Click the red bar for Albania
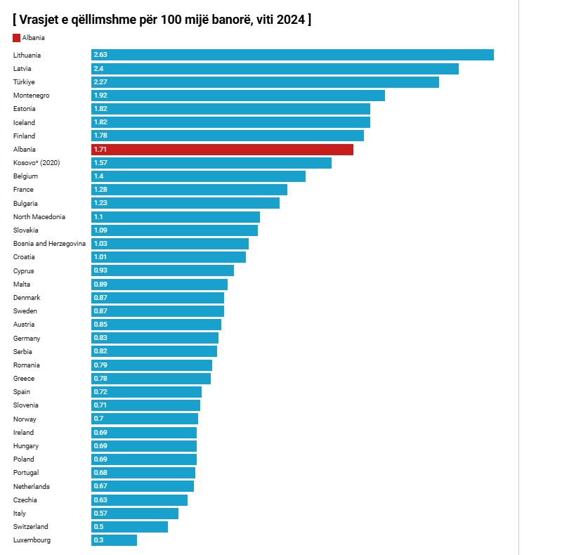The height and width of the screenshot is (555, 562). [222, 150]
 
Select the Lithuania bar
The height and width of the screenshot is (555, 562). [292, 55]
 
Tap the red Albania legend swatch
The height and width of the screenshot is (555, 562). [17, 38]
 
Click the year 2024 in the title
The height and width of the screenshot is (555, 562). [291, 20]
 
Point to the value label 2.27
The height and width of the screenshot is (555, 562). [100, 82]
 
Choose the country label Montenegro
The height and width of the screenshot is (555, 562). [31, 96]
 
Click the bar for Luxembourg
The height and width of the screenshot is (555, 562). [114, 540]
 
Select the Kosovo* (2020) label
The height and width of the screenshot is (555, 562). [37, 163]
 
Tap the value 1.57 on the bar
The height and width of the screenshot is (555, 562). [100, 163]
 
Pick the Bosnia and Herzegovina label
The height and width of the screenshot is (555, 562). [49, 244]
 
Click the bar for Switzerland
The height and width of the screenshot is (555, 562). [129, 527]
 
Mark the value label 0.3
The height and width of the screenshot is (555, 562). [98, 540]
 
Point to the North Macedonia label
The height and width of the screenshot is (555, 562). [39, 217]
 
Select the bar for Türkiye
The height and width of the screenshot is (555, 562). [265, 82]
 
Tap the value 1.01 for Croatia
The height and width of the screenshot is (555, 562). [100, 257]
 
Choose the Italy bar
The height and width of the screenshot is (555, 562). [135, 514]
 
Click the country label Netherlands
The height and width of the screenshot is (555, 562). [32, 487]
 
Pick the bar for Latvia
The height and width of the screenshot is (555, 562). [275, 69]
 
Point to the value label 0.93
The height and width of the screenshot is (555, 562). [100, 270]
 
